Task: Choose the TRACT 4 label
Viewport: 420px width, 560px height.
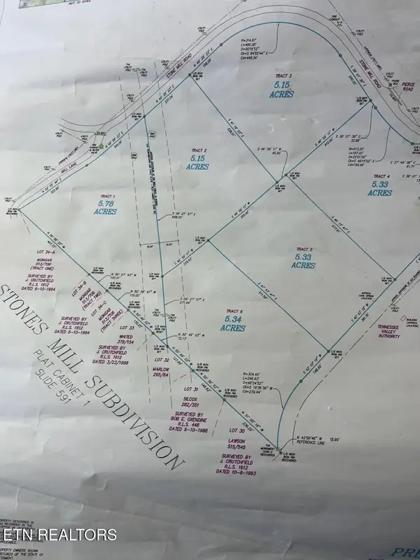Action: click(381, 176)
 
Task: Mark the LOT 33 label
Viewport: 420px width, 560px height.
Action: click(127, 328)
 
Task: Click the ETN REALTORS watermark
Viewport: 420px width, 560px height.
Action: click(59, 535)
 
